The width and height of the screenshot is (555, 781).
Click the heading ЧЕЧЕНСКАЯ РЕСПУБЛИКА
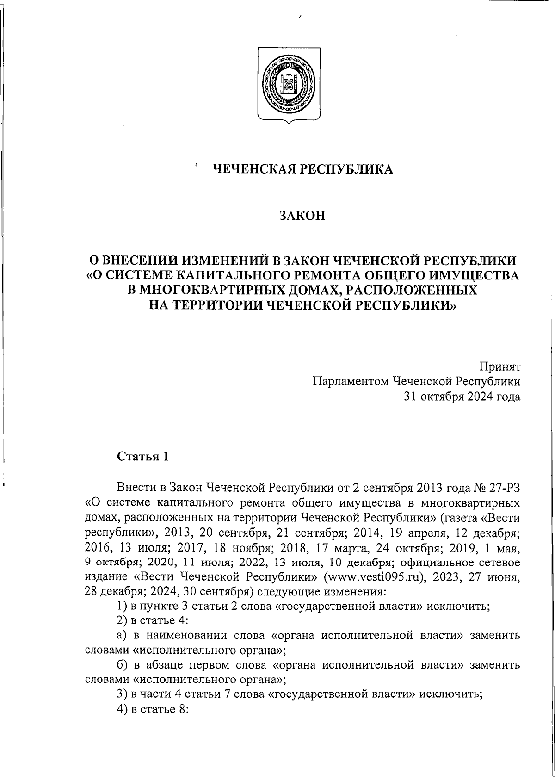(302, 170)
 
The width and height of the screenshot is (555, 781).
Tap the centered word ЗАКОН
(302, 216)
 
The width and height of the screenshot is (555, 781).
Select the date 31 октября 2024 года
(462, 397)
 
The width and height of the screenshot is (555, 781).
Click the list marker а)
(122, 635)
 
